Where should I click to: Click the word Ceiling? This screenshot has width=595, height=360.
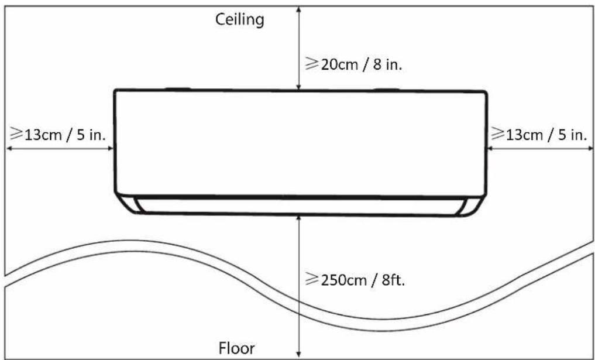[239, 20]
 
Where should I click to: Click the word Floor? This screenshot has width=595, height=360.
[237, 348]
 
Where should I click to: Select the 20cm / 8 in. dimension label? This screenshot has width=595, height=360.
[353, 64]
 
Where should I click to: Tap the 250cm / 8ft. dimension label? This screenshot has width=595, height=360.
[356, 281]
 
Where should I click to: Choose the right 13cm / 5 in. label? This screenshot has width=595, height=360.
[539, 135]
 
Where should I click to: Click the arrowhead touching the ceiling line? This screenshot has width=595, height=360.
[299, 9]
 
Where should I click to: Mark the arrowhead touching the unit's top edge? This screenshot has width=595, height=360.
[299, 87]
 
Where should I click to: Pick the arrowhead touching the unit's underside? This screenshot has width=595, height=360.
[299, 219]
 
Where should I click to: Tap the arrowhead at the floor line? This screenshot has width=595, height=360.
[299, 352]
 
